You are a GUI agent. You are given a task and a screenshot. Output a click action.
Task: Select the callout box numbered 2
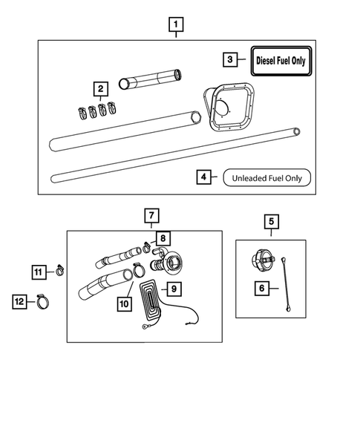pos(99,89)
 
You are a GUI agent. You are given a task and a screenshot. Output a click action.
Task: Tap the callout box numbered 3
pos(231,59)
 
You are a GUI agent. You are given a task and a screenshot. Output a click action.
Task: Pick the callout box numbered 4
pos(203,177)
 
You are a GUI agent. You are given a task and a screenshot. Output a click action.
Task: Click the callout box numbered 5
pos(271,220)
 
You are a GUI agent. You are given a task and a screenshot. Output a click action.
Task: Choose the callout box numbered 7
pos(151,217)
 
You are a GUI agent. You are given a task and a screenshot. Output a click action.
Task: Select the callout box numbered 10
pos(123,303)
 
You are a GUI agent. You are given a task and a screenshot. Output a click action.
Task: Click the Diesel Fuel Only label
pos(281,59)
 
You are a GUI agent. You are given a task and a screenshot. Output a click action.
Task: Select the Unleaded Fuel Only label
pos(266,178)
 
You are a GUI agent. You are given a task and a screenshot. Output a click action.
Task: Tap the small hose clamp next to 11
pos(56,272)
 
